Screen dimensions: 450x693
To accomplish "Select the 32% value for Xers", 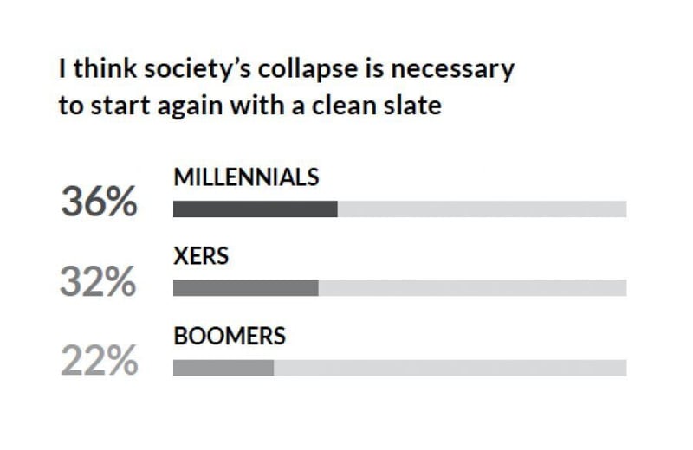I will tap(98, 282).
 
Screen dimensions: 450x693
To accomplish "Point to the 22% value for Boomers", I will tap(99, 361).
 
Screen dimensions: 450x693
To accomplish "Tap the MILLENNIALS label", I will tap(246, 177).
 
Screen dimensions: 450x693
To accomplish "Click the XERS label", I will tap(201, 257).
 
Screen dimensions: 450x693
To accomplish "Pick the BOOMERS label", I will tap(230, 337).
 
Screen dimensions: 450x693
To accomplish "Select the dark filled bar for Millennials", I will tap(255, 209).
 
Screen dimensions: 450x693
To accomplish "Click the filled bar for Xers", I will tap(245, 288).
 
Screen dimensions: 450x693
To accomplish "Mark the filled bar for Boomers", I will tap(223, 368).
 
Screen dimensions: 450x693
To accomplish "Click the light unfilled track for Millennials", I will tap(482, 209).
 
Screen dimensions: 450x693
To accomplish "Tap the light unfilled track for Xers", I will tap(472, 288).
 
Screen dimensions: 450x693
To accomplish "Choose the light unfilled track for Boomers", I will tap(450, 368).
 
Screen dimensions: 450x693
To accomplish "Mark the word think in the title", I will tap(94, 67).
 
